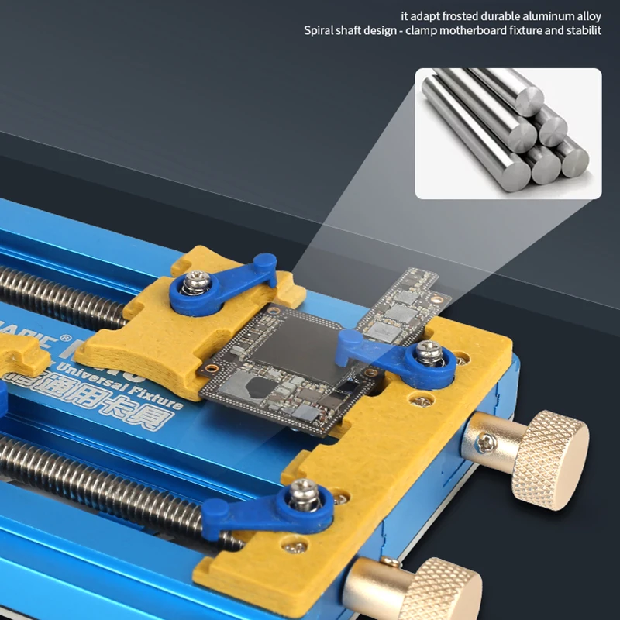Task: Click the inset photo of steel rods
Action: [x=508, y=133]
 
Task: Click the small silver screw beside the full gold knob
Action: [x=485, y=443]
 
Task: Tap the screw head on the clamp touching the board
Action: [x=425, y=353]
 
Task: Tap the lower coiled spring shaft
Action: [x=101, y=480]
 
